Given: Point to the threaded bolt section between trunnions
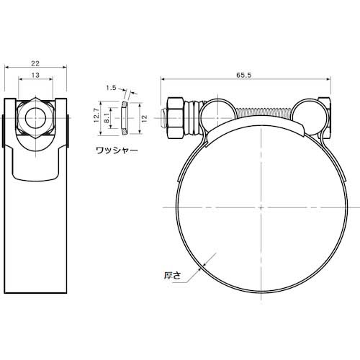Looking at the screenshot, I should point(264,113).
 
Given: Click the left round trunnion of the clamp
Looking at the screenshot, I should point(217,112).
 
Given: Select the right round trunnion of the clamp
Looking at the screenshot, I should point(308,113).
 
